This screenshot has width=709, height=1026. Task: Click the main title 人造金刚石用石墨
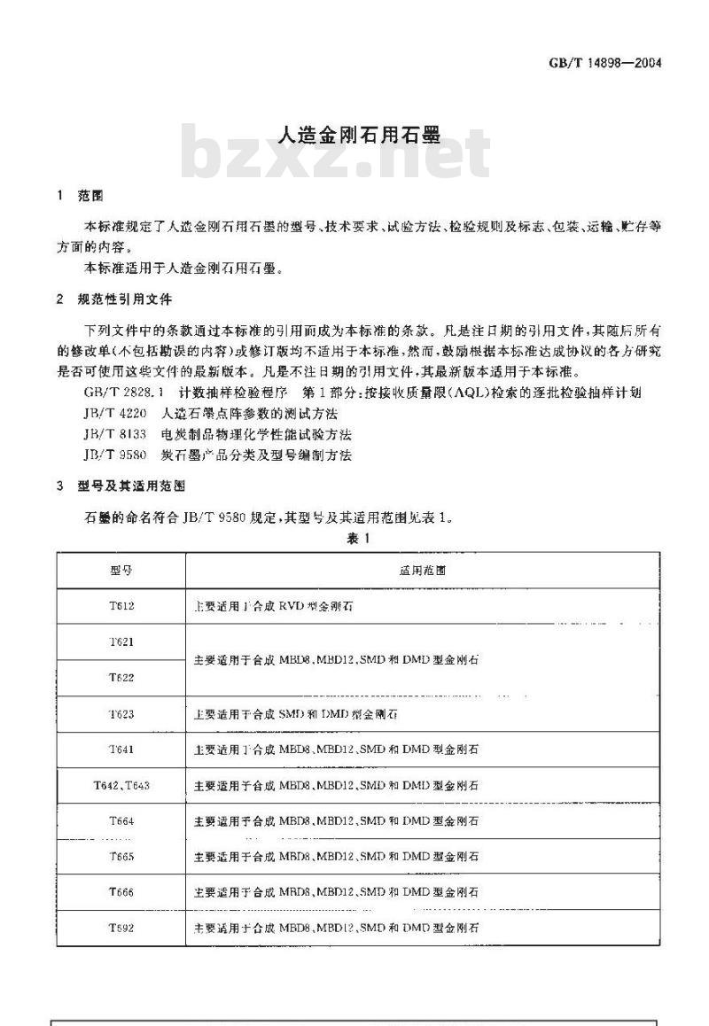[x=354, y=136]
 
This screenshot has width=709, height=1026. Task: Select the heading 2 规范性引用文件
[x=113, y=299]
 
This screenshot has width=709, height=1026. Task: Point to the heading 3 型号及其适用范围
[x=119, y=486]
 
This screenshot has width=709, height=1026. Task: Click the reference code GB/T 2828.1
[x=123, y=392]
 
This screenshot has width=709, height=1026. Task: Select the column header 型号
[x=121, y=571]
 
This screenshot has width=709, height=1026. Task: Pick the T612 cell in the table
[x=121, y=607]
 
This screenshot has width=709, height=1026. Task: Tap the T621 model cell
[x=121, y=642]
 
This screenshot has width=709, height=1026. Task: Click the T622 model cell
[x=121, y=678]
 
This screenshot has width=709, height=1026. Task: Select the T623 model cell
[x=121, y=713]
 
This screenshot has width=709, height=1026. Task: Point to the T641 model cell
[x=121, y=750]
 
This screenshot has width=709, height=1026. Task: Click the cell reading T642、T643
[x=121, y=786]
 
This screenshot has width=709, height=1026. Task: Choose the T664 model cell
[x=121, y=821]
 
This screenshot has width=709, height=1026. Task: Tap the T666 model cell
[x=121, y=892]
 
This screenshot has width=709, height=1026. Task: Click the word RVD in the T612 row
[x=292, y=607]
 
